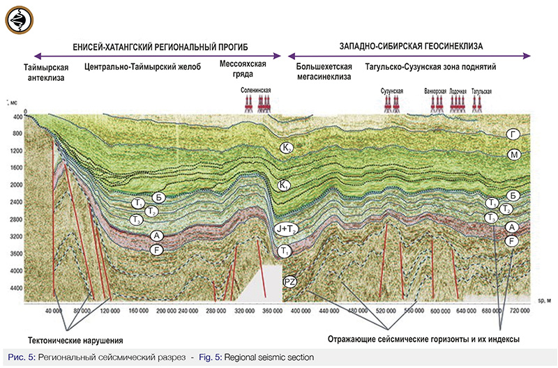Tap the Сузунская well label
(x=393, y=91)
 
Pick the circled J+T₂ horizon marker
(x=283, y=229)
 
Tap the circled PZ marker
(x=291, y=282)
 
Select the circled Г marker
(x=514, y=134)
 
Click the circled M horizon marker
(x=514, y=154)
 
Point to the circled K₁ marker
(x=284, y=185)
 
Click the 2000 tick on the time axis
(x=14, y=185)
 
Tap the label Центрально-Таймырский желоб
(x=142, y=67)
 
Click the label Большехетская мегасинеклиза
(x=324, y=72)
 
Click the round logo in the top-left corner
(x=19, y=19)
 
